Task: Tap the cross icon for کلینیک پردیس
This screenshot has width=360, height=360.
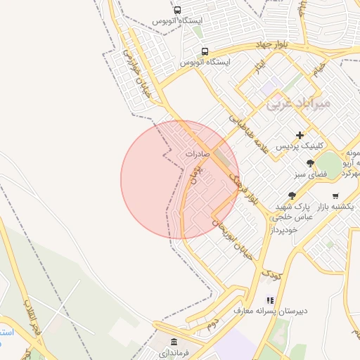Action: point(300,134)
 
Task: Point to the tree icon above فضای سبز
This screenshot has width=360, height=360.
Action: point(310,162)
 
